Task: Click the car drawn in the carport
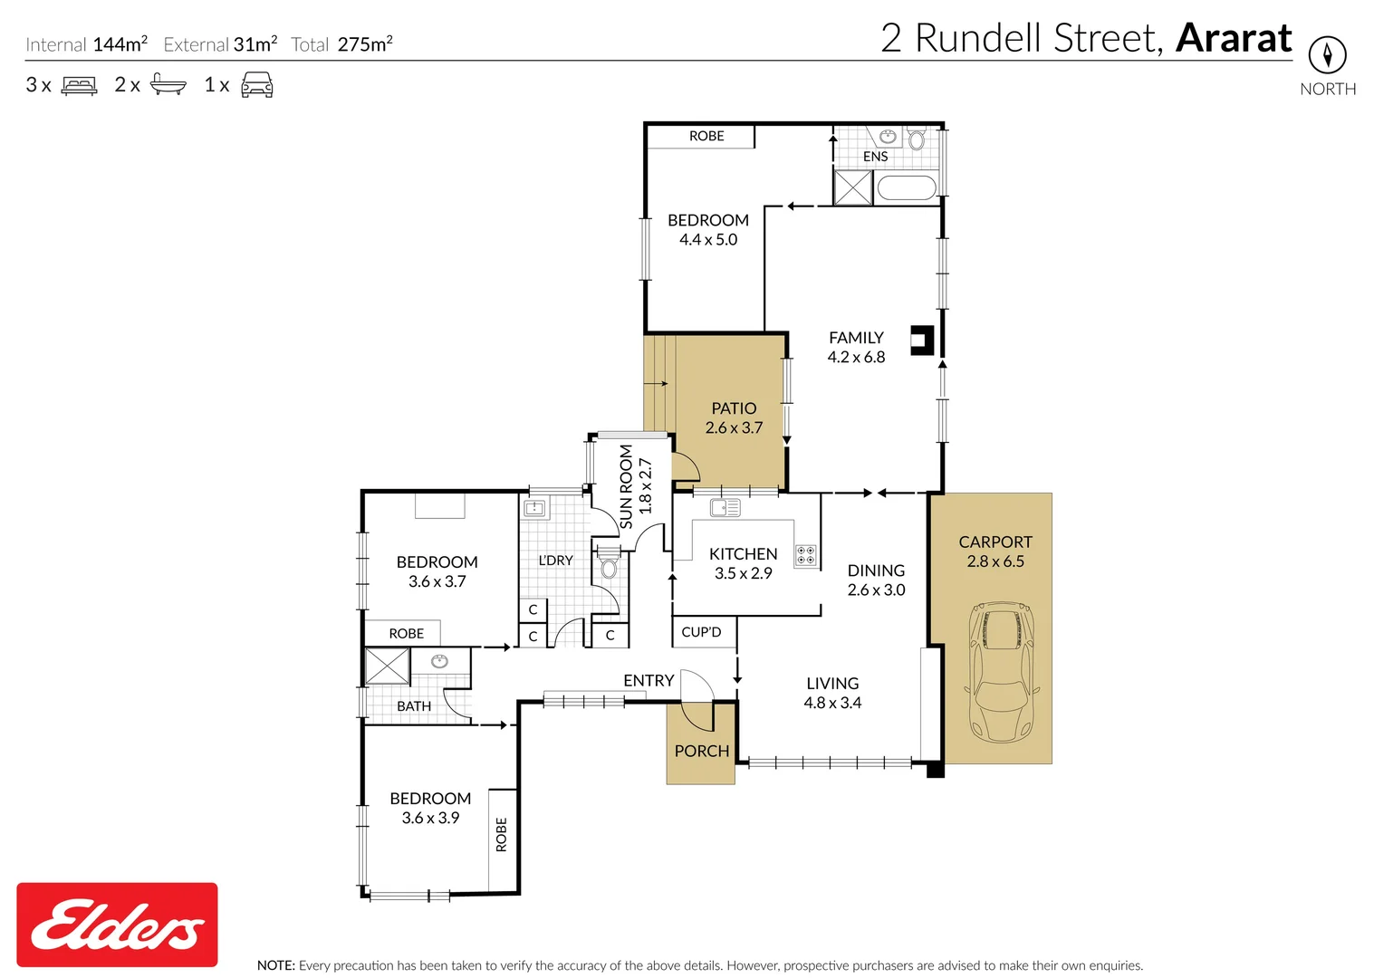coord(1000,671)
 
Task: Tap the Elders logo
coord(117,925)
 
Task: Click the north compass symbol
coord(1327,55)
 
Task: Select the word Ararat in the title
coord(1234,38)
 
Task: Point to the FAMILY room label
coord(856,338)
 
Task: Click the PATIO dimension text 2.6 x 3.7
coord(734,427)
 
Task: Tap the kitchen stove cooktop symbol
coord(805,555)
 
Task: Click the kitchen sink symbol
coord(725,507)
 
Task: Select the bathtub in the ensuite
coord(906,188)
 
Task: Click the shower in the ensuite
coord(852,187)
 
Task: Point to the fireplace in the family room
coord(922,340)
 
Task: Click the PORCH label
coord(701,751)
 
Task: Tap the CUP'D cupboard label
coord(701,632)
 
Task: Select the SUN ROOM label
coord(626,486)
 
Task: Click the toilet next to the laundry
coord(609,568)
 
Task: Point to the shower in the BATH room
coord(387,666)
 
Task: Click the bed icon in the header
coord(79,86)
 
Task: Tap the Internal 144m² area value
coord(120,44)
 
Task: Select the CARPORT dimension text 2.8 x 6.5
coord(994,561)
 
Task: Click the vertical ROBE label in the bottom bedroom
coord(502,834)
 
